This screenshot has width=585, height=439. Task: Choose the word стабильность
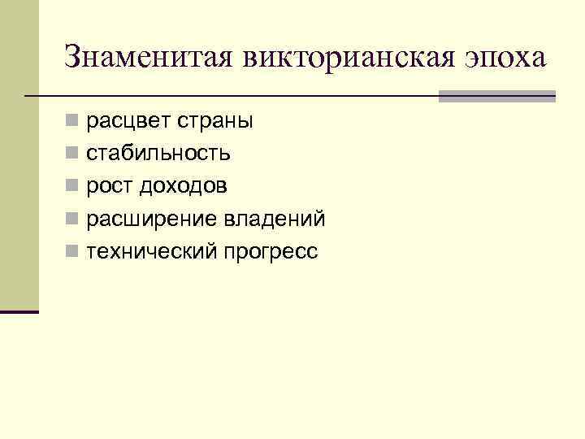click(158, 154)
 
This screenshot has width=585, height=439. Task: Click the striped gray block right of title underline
click(496, 96)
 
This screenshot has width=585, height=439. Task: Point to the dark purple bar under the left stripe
click(19, 311)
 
